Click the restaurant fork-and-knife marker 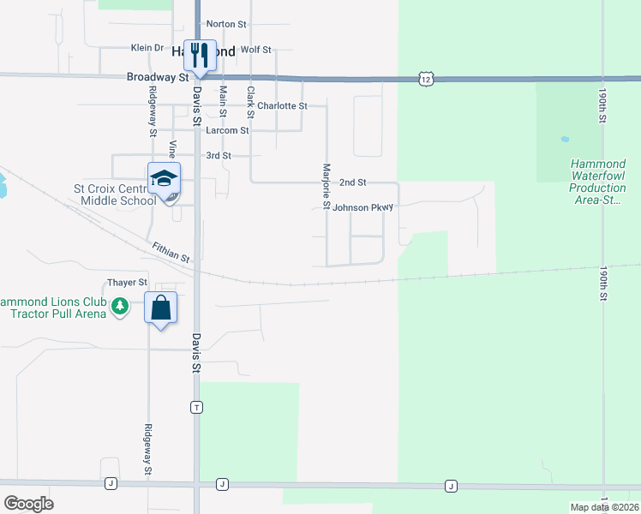click(x=200, y=56)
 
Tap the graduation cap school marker click(x=164, y=179)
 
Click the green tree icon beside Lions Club click(x=121, y=306)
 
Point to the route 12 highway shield click(x=426, y=79)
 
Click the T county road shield click(x=197, y=407)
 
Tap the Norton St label click(x=226, y=24)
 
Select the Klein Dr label click(x=147, y=48)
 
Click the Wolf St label click(x=256, y=50)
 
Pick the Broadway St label click(x=159, y=76)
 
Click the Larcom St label click(x=227, y=131)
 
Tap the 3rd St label click(x=219, y=156)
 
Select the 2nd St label click(x=352, y=182)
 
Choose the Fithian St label click(x=171, y=251)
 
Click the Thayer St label click(x=128, y=282)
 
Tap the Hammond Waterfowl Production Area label click(x=598, y=182)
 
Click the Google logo click(x=28, y=503)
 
